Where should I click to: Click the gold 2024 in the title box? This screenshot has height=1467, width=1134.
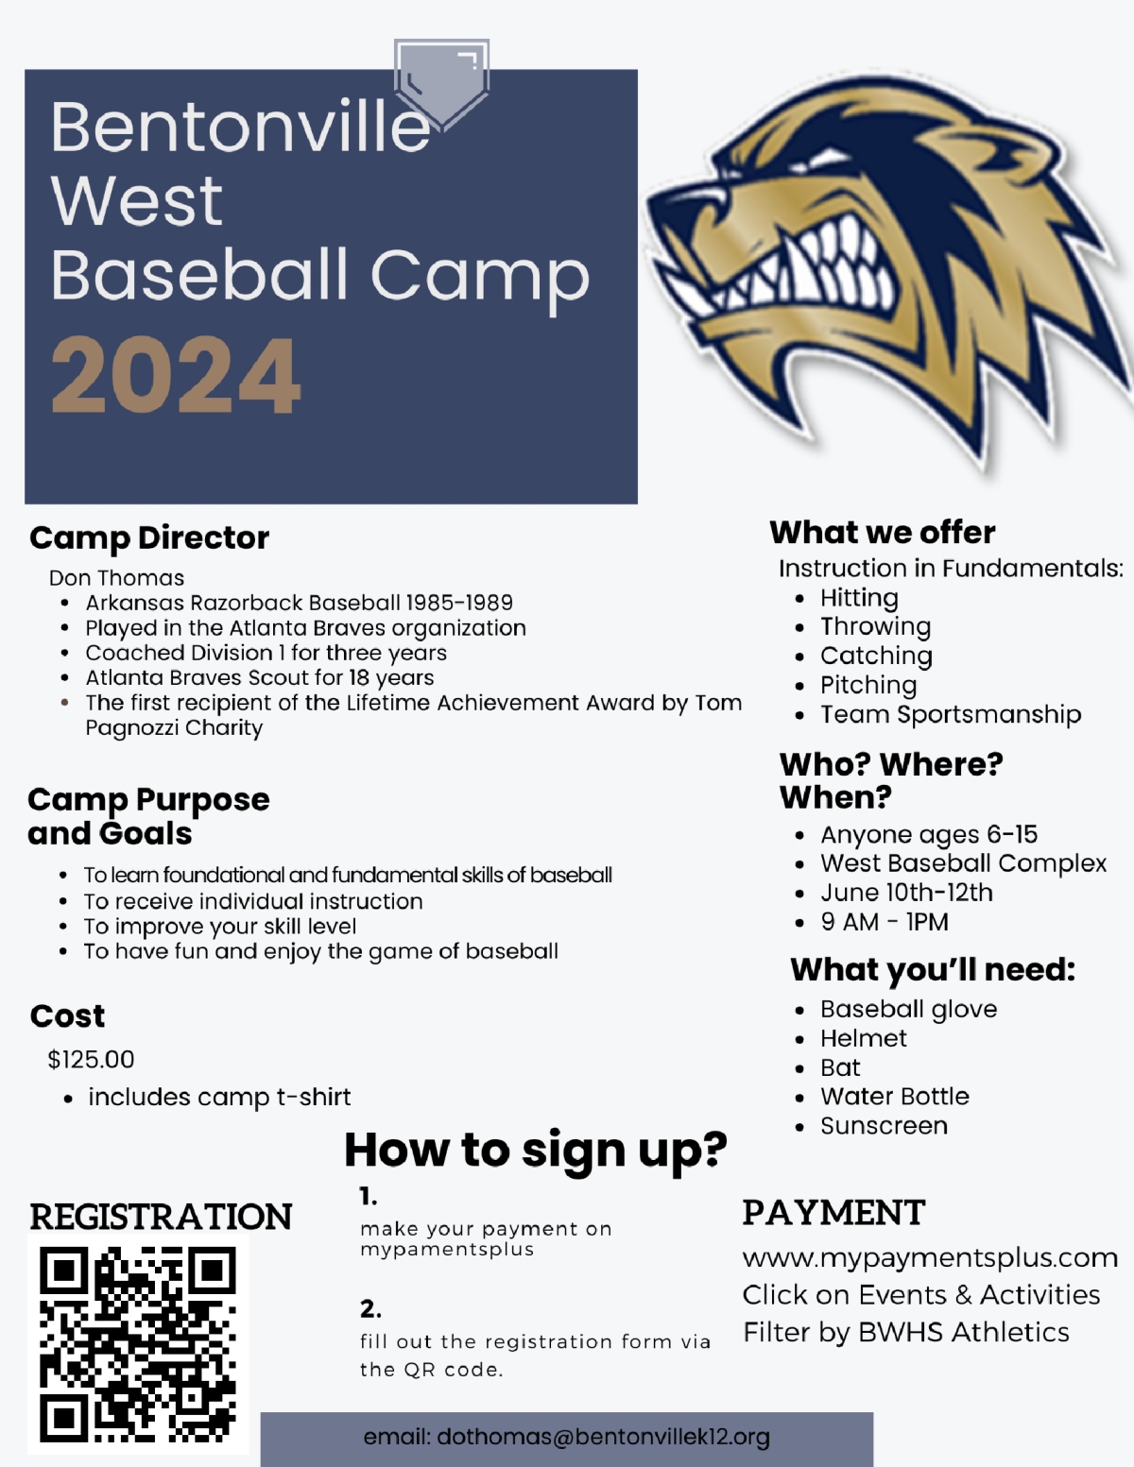pos(176,375)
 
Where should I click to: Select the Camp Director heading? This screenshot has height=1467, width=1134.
pos(149,538)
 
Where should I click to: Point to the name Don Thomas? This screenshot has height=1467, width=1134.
pos(116,578)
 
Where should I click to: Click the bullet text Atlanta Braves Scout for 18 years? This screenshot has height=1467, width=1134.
pos(259,677)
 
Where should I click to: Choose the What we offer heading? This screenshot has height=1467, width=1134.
pos(882,533)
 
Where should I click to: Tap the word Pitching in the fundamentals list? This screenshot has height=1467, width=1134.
pos(868,685)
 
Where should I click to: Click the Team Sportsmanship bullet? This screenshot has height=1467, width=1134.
pos(951,714)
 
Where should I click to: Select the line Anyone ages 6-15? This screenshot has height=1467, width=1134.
pos(929,835)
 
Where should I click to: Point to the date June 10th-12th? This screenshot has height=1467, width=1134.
pos(906,893)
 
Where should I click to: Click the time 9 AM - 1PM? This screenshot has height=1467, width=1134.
pos(885,922)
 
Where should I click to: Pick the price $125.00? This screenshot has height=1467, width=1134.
pos(91,1059)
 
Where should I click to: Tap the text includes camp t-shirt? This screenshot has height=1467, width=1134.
pos(219,1097)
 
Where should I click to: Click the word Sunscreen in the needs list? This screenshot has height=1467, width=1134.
pos(885,1125)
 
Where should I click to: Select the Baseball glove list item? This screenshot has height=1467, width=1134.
pos(908,1009)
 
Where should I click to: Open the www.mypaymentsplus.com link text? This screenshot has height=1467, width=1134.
pos(930,1258)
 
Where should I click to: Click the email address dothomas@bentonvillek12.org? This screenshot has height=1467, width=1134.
pos(603,1437)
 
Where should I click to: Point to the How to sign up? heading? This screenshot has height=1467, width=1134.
pos(536,1151)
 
